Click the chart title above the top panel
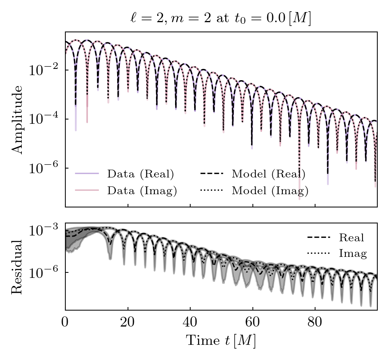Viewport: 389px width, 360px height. point(221,19)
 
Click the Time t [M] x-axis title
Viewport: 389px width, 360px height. point(221,341)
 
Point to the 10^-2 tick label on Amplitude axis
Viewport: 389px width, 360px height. point(43,70)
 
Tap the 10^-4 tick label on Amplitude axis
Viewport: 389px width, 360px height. point(43,119)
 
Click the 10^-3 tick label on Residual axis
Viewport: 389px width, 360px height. point(43,231)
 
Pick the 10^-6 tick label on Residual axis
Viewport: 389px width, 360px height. point(43,272)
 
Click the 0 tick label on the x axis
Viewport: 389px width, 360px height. point(65,323)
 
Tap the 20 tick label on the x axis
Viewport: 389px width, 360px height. point(128,323)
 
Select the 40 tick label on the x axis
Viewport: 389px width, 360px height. point(190,323)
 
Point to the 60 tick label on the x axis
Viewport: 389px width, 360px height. point(252,323)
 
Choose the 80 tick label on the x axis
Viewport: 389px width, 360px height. point(315,323)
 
